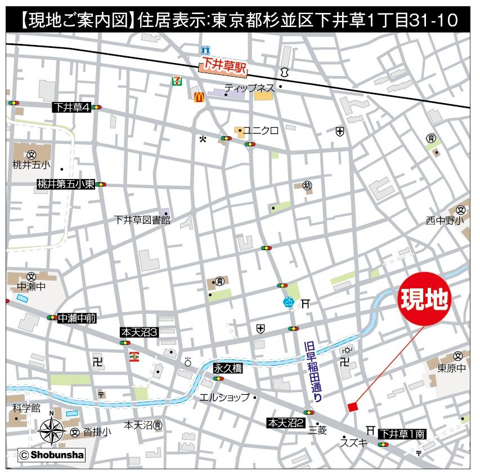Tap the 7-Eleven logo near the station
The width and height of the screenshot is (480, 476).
177,81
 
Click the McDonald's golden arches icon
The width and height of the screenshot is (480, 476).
198,97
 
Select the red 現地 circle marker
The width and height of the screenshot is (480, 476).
425,300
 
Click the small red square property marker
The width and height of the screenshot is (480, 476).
353,407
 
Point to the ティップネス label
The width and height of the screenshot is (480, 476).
249,88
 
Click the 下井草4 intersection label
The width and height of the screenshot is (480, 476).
71,107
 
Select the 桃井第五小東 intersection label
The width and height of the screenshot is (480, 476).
66,184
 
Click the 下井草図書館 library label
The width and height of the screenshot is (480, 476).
141,220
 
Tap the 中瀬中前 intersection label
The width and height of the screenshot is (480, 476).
77,318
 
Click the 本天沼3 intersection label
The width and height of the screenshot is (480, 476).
140,333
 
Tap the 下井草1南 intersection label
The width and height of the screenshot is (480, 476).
402,434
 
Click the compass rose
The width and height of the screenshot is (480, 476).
51,431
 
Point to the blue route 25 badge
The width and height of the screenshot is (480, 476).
289,302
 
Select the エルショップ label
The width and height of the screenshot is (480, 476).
225,397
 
